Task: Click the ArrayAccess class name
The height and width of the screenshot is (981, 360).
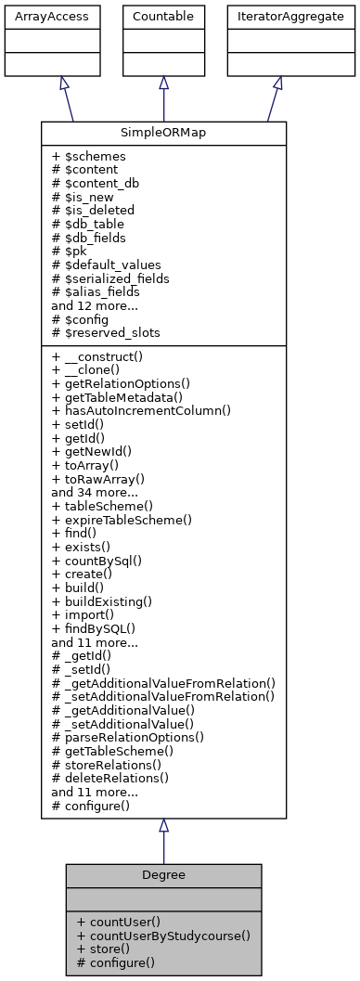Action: [x=37, y=16]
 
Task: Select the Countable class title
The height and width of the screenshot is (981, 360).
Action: [x=163, y=16]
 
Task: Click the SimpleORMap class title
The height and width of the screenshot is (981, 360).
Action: [x=163, y=133]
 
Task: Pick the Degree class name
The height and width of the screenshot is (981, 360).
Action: [x=163, y=875]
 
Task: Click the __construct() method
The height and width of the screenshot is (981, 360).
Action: [x=105, y=356]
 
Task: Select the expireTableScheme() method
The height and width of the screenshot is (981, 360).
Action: [x=122, y=519]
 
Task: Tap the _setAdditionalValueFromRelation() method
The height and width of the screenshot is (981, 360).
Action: [x=163, y=696]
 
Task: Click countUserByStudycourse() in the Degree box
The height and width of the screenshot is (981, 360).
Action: [x=163, y=936]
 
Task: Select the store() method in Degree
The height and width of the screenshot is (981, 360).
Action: [x=99, y=949]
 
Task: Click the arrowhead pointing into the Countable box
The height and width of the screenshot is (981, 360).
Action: [x=163, y=83]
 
